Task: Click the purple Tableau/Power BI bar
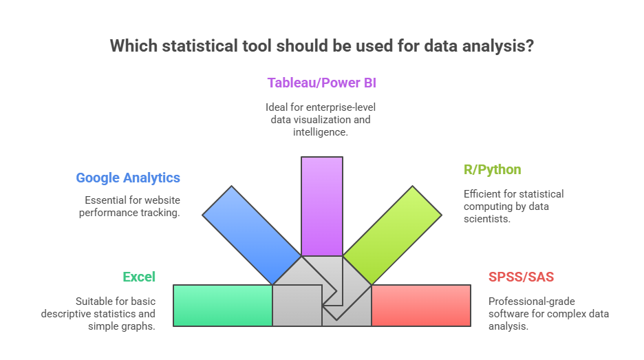(x=321, y=205)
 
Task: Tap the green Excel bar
(x=222, y=305)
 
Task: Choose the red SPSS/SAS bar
(x=420, y=305)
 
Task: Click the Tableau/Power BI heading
(x=321, y=83)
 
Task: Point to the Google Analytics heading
(x=128, y=178)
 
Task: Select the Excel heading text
(x=139, y=277)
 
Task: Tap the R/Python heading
(x=492, y=169)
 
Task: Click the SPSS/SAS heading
(x=521, y=277)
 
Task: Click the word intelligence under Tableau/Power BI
(x=322, y=131)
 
